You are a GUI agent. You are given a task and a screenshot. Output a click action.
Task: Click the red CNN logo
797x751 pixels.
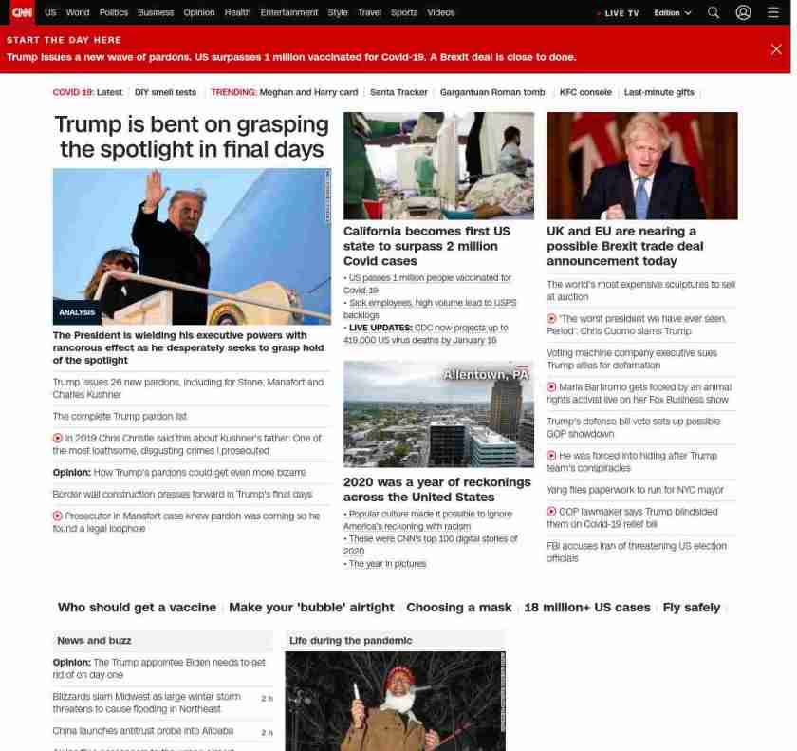pos(21,12)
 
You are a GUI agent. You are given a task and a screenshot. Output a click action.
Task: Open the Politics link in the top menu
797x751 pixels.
pos(113,12)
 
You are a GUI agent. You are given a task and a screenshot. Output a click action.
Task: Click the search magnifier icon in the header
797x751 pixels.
pos(714,12)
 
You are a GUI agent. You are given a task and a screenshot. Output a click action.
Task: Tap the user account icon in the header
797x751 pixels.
pos(743,12)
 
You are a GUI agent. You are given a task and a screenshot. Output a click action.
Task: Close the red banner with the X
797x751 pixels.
pos(776,48)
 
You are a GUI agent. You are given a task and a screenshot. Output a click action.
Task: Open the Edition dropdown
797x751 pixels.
pos(672,13)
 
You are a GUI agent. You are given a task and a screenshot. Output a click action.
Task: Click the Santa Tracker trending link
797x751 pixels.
pos(398,92)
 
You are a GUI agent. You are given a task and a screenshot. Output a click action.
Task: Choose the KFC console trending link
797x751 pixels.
pos(585,92)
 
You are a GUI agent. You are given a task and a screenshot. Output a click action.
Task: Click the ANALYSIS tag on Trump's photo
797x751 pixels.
pos(77,312)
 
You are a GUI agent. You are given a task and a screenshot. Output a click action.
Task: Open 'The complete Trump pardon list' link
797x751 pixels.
pos(120,416)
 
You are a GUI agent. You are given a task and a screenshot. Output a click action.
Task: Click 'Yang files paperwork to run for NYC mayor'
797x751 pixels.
pos(635,490)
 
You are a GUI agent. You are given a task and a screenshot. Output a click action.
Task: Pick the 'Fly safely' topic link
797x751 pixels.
pos(691,608)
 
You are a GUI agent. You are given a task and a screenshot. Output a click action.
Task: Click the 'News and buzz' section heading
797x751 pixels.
pos(94,641)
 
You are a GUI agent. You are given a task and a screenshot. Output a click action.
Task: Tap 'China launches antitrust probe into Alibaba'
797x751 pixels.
pos(142,731)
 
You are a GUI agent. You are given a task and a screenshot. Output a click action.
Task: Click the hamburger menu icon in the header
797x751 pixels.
pos(773,12)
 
